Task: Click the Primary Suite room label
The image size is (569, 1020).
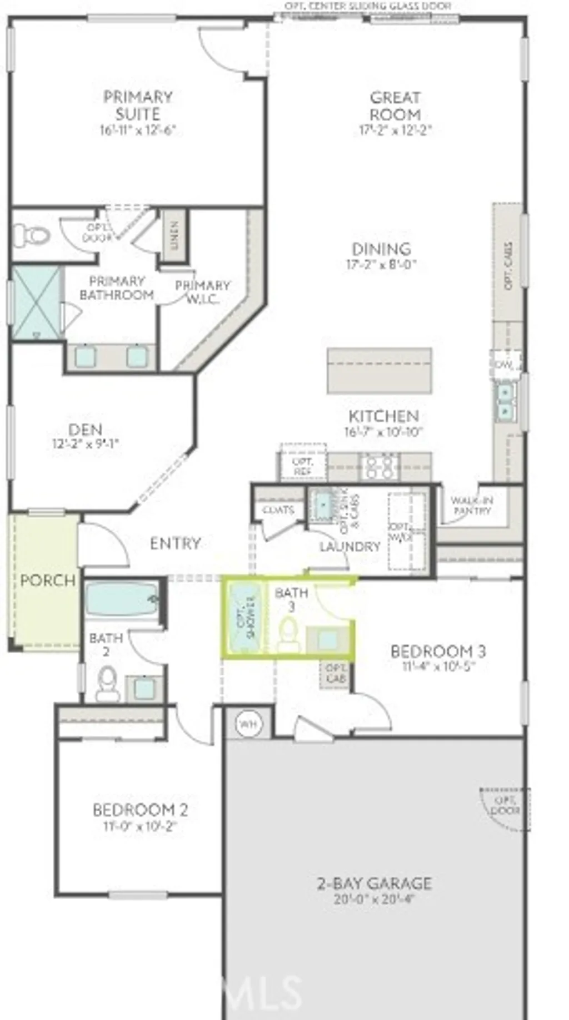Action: tap(138, 105)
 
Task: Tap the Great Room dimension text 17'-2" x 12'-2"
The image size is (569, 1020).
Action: tap(395, 130)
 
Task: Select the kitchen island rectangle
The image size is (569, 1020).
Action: tap(380, 371)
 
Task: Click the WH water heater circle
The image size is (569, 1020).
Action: tap(248, 724)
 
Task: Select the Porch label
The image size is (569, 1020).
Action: tap(48, 580)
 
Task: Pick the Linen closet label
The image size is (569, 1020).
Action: tap(174, 236)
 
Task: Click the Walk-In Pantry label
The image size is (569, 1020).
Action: tap(472, 505)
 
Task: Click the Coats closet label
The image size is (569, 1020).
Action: tap(278, 509)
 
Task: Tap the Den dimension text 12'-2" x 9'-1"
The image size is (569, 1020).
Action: tap(86, 444)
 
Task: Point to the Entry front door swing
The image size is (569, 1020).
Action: tap(106, 544)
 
